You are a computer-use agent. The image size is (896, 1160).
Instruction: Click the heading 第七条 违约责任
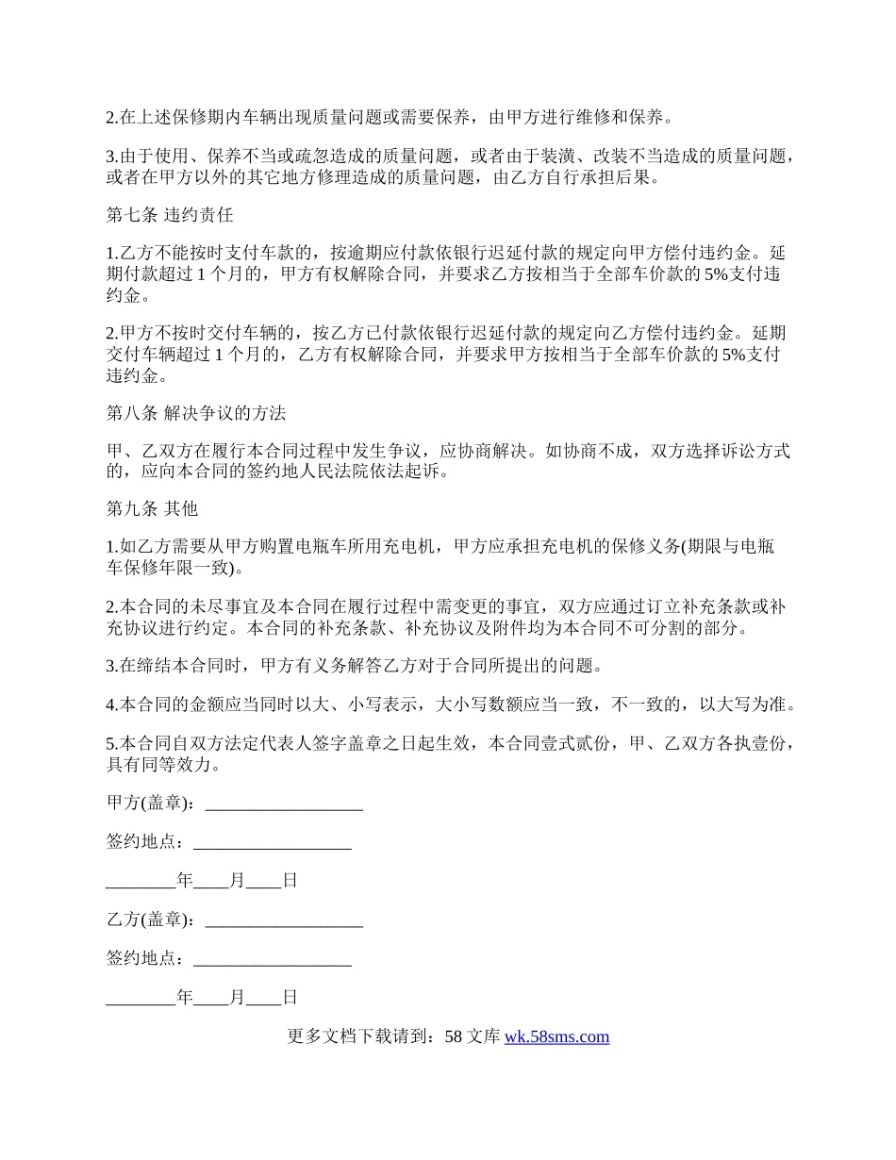point(170,215)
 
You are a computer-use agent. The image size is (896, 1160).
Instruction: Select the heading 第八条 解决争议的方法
point(196,413)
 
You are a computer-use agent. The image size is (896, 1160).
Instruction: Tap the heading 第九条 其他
point(152,508)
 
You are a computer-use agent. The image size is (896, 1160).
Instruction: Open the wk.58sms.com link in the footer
point(556,1036)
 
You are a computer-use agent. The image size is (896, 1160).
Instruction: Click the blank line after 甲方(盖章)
point(283,804)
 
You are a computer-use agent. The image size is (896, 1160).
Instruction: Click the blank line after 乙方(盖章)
point(283,920)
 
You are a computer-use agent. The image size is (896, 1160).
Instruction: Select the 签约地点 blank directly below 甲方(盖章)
point(272,842)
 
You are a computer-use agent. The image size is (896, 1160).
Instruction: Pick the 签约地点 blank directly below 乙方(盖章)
point(272,958)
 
